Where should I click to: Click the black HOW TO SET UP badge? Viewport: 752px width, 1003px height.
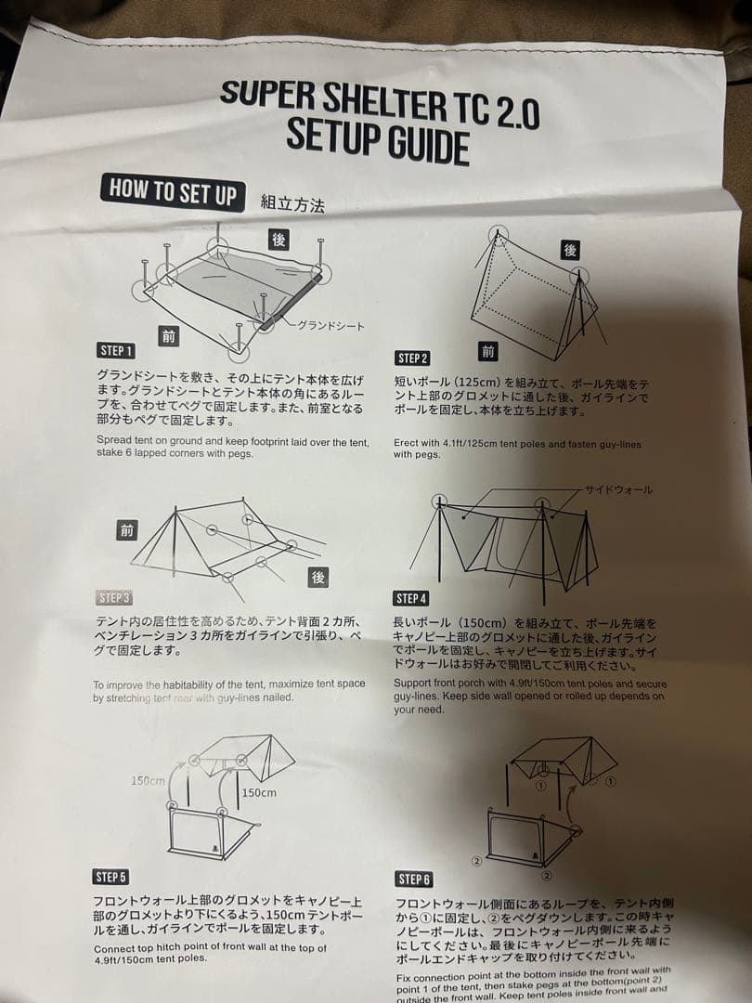coord(173,191)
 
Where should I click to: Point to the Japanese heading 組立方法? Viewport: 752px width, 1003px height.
coord(293,203)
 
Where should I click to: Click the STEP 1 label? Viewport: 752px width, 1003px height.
coord(116,350)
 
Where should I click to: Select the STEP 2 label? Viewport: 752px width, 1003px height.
coord(413,358)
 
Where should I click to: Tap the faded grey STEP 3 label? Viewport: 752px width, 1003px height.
coord(114,597)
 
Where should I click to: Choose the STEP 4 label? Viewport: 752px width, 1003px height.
coord(411,598)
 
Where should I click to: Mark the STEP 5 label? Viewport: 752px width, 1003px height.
coord(111,877)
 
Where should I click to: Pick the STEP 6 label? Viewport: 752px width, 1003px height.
coord(414,879)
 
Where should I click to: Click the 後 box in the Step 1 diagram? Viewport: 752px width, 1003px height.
coord(279,239)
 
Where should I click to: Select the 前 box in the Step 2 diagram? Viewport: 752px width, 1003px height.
coord(489,351)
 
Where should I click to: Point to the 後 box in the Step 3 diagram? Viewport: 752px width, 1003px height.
coord(318,577)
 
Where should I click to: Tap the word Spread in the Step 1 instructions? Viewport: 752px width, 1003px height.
coord(115,441)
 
